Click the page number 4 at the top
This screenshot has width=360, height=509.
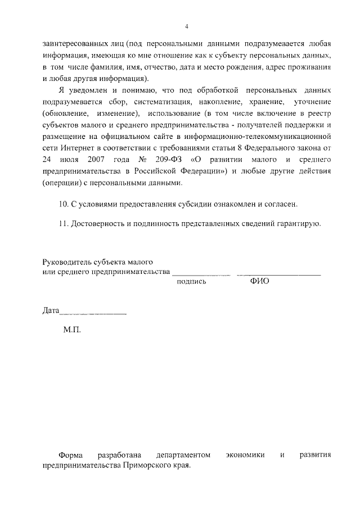(x=187, y=27)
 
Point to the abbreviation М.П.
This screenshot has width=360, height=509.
(x=72, y=330)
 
